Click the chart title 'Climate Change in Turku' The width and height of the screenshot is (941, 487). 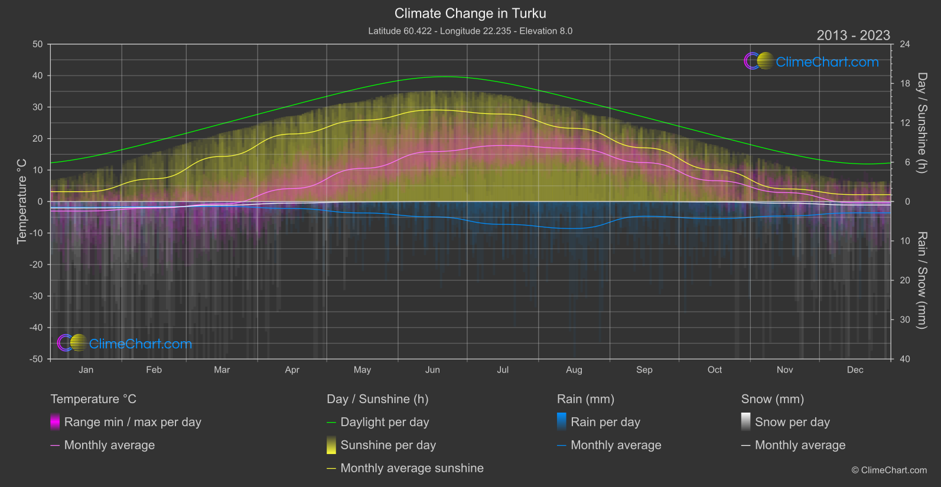click(470, 13)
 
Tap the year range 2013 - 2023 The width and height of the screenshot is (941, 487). click(853, 35)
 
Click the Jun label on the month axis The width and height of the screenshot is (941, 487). click(432, 370)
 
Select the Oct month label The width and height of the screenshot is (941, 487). click(714, 370)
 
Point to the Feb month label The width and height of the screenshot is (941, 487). click(154, 370)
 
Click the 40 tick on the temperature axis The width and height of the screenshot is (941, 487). click(37, 76)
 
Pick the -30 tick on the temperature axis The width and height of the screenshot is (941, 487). click(36, 296)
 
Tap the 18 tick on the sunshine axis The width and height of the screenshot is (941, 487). click(904, 83)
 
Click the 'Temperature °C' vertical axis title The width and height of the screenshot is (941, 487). click(22, 201)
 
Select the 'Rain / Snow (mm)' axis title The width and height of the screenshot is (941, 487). click(922, 280)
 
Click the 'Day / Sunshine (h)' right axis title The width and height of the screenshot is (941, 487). click(922, 123)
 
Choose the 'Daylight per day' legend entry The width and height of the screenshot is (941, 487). click(385, 422)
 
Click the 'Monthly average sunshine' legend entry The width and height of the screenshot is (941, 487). click(412, 468)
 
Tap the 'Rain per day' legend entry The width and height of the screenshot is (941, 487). click(605, 422)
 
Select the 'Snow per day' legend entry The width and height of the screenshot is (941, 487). click(792, 422)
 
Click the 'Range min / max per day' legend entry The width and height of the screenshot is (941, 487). click(132, 422)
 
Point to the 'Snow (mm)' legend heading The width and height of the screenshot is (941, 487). click(772, 399)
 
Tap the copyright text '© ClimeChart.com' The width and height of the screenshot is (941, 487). click(889, 470)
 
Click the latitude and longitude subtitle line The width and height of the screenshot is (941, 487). click(470, 31)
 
